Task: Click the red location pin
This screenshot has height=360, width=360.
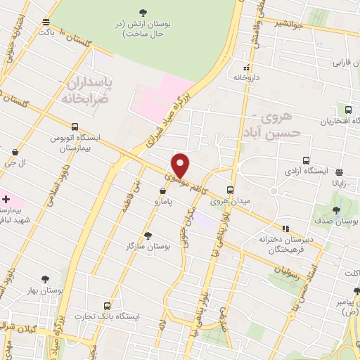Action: coord(181,165)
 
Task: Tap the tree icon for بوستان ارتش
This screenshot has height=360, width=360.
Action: coord(143,12)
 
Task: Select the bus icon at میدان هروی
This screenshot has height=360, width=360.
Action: coord(230,189)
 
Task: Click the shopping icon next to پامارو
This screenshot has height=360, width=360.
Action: coord(162,190)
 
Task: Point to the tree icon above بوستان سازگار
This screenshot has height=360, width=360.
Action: coord(147,235)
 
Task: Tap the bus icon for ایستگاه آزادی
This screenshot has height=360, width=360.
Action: coord(305,160)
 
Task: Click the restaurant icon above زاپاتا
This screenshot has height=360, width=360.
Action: coord(339,172)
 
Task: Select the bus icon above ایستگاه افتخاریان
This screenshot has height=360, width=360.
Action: coord(348,110)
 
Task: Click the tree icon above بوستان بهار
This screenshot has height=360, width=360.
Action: coord(46,279)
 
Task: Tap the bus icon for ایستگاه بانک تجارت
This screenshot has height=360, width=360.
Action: coord(106,306)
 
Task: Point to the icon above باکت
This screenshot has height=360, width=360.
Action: coord(46,22)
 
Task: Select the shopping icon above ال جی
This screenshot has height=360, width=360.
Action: coord(15,151)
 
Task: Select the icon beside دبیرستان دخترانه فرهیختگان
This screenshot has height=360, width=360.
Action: coord(285,229)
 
